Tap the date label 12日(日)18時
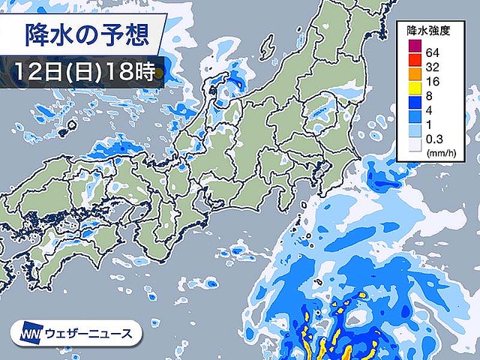tap(84, 73)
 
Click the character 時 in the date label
tap(144, 73)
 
